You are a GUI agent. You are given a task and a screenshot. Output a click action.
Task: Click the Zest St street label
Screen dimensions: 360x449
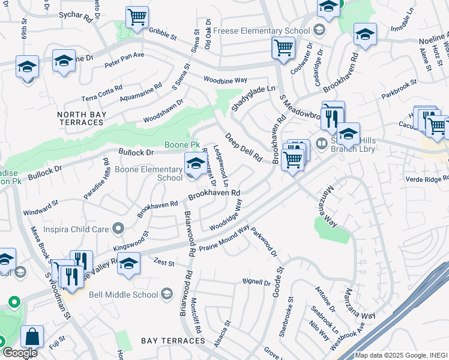click(x=163, y=263)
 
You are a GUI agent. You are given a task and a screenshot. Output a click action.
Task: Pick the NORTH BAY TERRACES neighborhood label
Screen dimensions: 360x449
click(x=80, y=118)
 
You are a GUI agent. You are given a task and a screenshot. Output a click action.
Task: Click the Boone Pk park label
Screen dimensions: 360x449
click(x=182, y=145)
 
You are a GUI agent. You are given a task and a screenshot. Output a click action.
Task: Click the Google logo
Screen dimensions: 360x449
click(x=19, y=352)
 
